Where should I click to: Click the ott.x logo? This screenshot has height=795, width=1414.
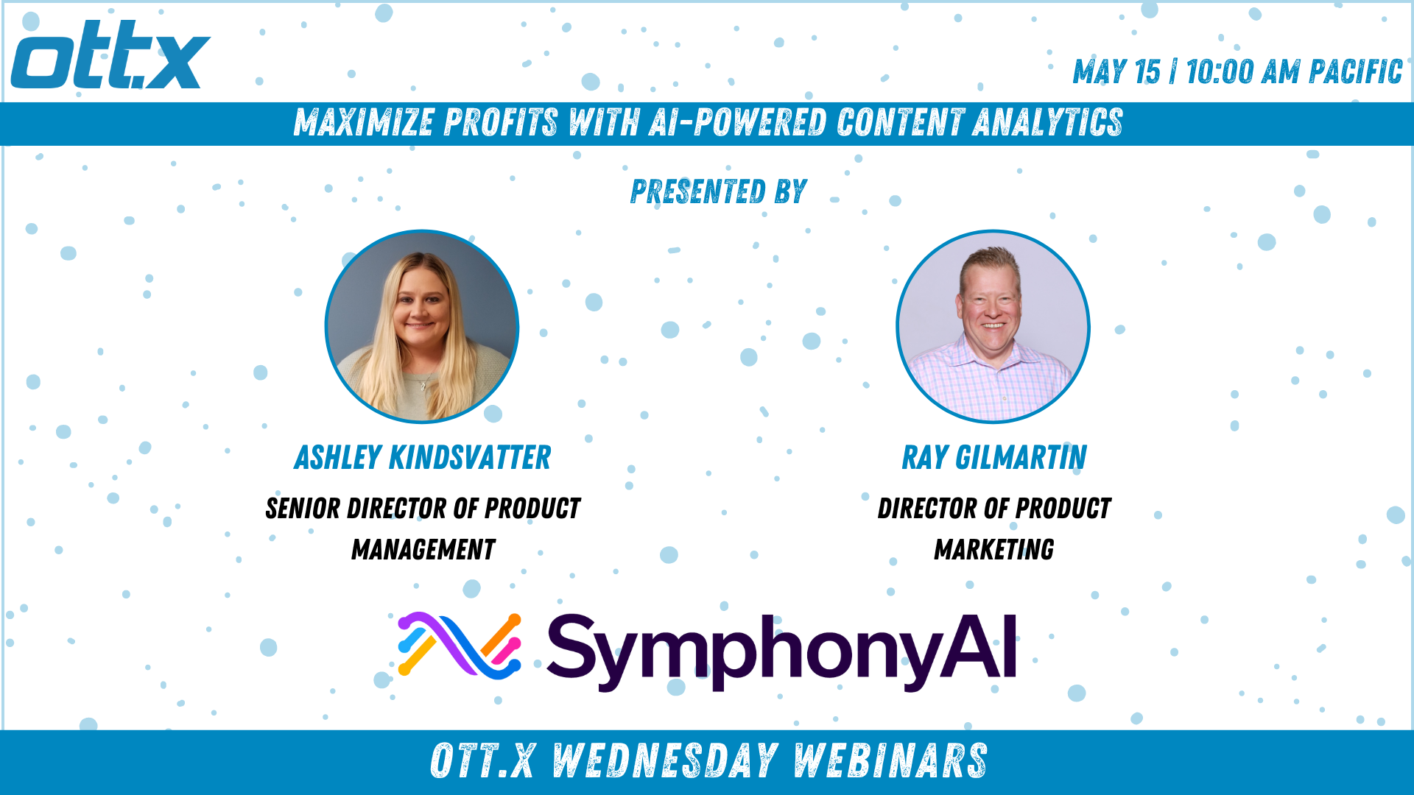coord(110,54)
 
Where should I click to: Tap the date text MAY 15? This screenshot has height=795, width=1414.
coord(1116,72)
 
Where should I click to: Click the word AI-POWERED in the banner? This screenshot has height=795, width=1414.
coord(737,122)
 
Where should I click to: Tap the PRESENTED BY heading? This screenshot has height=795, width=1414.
coord(719,191)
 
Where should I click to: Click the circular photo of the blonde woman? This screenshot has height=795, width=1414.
coord(422,327)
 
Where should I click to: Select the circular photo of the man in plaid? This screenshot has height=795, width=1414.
coord(993,327)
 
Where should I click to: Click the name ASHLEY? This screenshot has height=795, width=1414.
coord(338,457)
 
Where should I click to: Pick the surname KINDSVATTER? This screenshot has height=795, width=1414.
coord(470,457)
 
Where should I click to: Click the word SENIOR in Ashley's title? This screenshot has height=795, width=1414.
coord(302,509)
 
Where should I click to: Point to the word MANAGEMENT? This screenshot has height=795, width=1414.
coord(423,550)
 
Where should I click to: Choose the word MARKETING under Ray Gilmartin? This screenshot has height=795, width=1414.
coord(994,550)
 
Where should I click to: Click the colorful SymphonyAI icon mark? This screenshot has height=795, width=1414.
coord(460,645)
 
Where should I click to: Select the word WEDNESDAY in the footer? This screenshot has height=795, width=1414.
coord(665,761)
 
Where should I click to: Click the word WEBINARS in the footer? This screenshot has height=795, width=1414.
coord(890,761)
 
